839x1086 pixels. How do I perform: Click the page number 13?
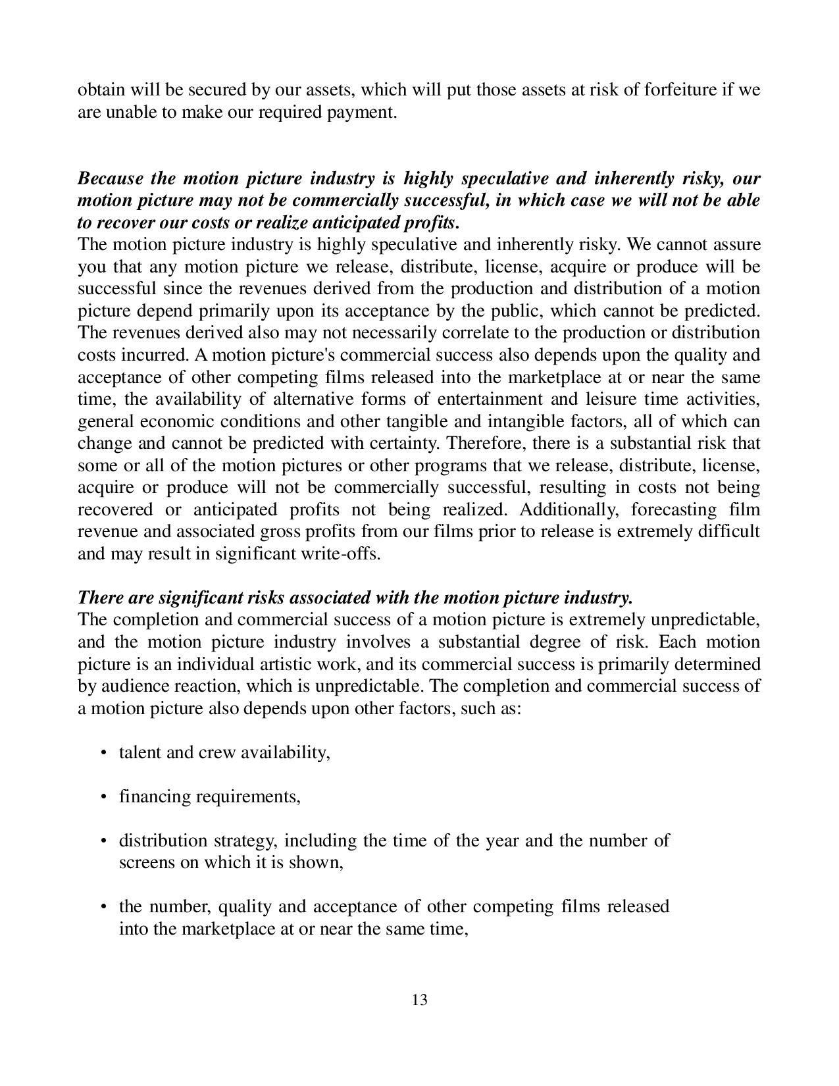(419, 1000)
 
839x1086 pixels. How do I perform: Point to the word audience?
(134, 686)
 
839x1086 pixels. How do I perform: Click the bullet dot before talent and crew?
(104, 752)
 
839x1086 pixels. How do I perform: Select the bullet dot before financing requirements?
(104, 796)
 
